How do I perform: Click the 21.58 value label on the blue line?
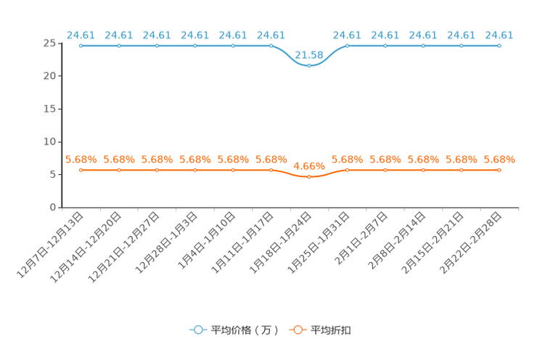[x=309, y=55]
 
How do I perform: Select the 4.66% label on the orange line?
[x=309, y=166]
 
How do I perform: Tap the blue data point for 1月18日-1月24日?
[x=309, y=65]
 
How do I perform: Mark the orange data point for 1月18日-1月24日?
[x=309, y=176]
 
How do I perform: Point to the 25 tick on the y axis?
[x=49, y=43]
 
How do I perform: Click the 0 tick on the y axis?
[x=53, y=208]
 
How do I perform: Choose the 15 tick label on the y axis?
[x=49, y=109]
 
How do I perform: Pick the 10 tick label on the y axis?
[x=49, y=142]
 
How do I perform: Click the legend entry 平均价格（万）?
[x=234, y=330]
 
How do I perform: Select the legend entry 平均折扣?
[x=320, y=330]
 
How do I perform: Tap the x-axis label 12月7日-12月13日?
[x=50, y=245]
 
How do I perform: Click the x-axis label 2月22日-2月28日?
[x=471, y=242]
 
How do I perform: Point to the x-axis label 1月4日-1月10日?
[x=207, y=240]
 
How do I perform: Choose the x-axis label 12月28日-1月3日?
[x=166, y=242]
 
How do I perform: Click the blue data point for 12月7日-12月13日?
[x=81, y=46]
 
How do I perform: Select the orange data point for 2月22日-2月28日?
[x=499, y=170]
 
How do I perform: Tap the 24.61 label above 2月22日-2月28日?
[x=499, y=35]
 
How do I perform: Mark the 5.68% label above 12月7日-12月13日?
[x=81, y=160]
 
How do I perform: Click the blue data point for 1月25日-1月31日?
[x=347, y=46]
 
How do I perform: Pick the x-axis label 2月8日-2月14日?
[x=397, y=240]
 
